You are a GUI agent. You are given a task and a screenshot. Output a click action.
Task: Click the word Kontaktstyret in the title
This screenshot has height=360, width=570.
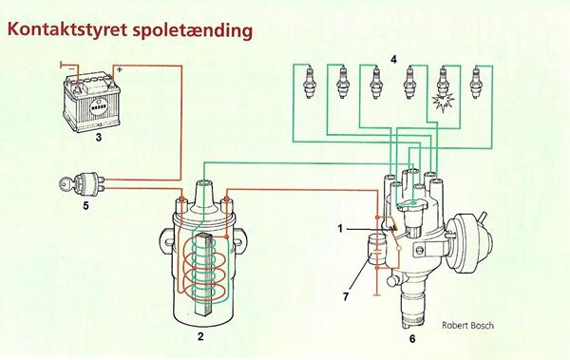click(x=67, y=29)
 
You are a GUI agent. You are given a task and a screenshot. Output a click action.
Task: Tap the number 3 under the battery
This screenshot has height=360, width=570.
click(x=99, y=138)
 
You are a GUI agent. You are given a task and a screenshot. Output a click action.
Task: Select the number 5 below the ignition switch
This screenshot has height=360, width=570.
click(x=85, y=206)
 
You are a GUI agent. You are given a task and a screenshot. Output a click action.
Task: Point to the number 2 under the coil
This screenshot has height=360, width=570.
click(x=200, y=336)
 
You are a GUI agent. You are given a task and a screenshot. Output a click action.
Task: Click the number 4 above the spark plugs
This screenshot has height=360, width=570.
click(x=393, y=59)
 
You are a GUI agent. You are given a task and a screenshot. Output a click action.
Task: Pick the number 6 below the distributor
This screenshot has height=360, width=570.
click(x=412, y=339)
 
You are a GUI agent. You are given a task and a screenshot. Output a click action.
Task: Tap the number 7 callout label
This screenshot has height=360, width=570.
click(x=346, y=296)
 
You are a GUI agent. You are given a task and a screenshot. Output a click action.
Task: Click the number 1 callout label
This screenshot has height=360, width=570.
click(x=340, y=229)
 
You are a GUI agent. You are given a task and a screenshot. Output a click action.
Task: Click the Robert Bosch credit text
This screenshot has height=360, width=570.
click(x=467, y=325)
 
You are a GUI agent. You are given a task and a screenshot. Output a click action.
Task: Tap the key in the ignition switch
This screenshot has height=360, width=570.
click(x=66, y=184)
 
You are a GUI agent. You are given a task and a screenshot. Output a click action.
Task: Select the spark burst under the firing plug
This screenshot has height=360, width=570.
click(x=443, y=103)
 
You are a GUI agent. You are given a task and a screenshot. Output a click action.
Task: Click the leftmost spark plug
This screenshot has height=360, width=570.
click(x=310, y=83)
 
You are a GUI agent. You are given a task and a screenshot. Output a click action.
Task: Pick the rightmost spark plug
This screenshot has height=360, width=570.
click(x=475, y=83)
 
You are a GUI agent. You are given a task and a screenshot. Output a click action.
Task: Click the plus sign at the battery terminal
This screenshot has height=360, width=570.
click(x=120, y=69)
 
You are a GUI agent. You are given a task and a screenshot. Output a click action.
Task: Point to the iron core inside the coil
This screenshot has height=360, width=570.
click(x=203, y=273)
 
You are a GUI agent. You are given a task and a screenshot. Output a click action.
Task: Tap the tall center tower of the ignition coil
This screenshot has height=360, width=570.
click(x=203, y=197)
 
